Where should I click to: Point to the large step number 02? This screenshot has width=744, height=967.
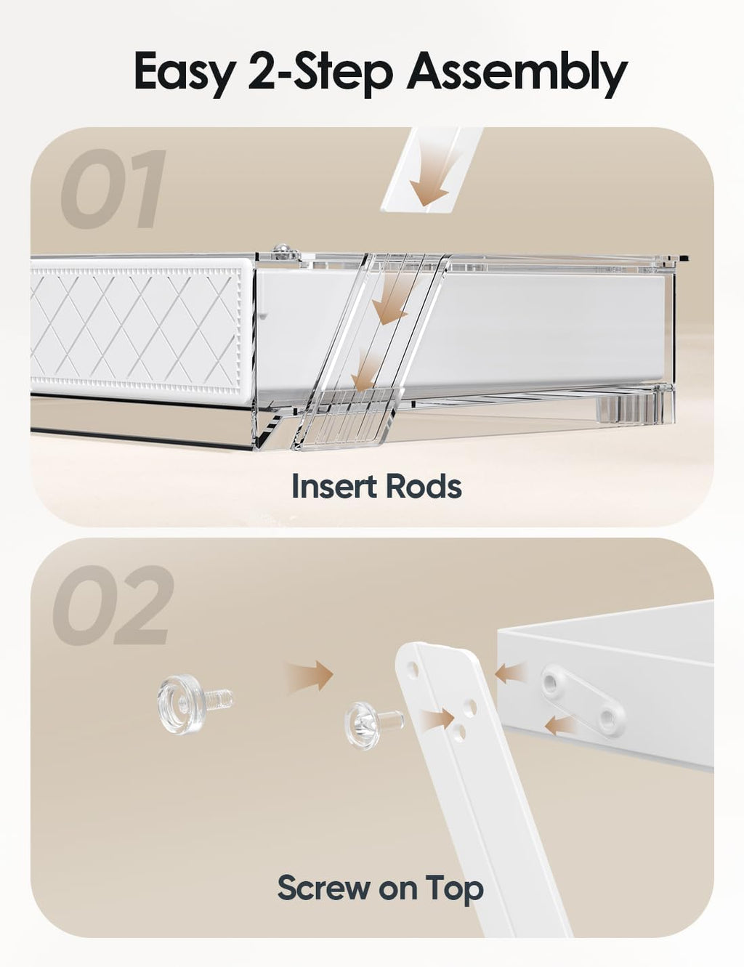(113, 605)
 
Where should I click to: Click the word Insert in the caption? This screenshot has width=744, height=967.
(330, 486)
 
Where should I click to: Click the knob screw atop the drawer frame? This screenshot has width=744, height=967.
(282, 251)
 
